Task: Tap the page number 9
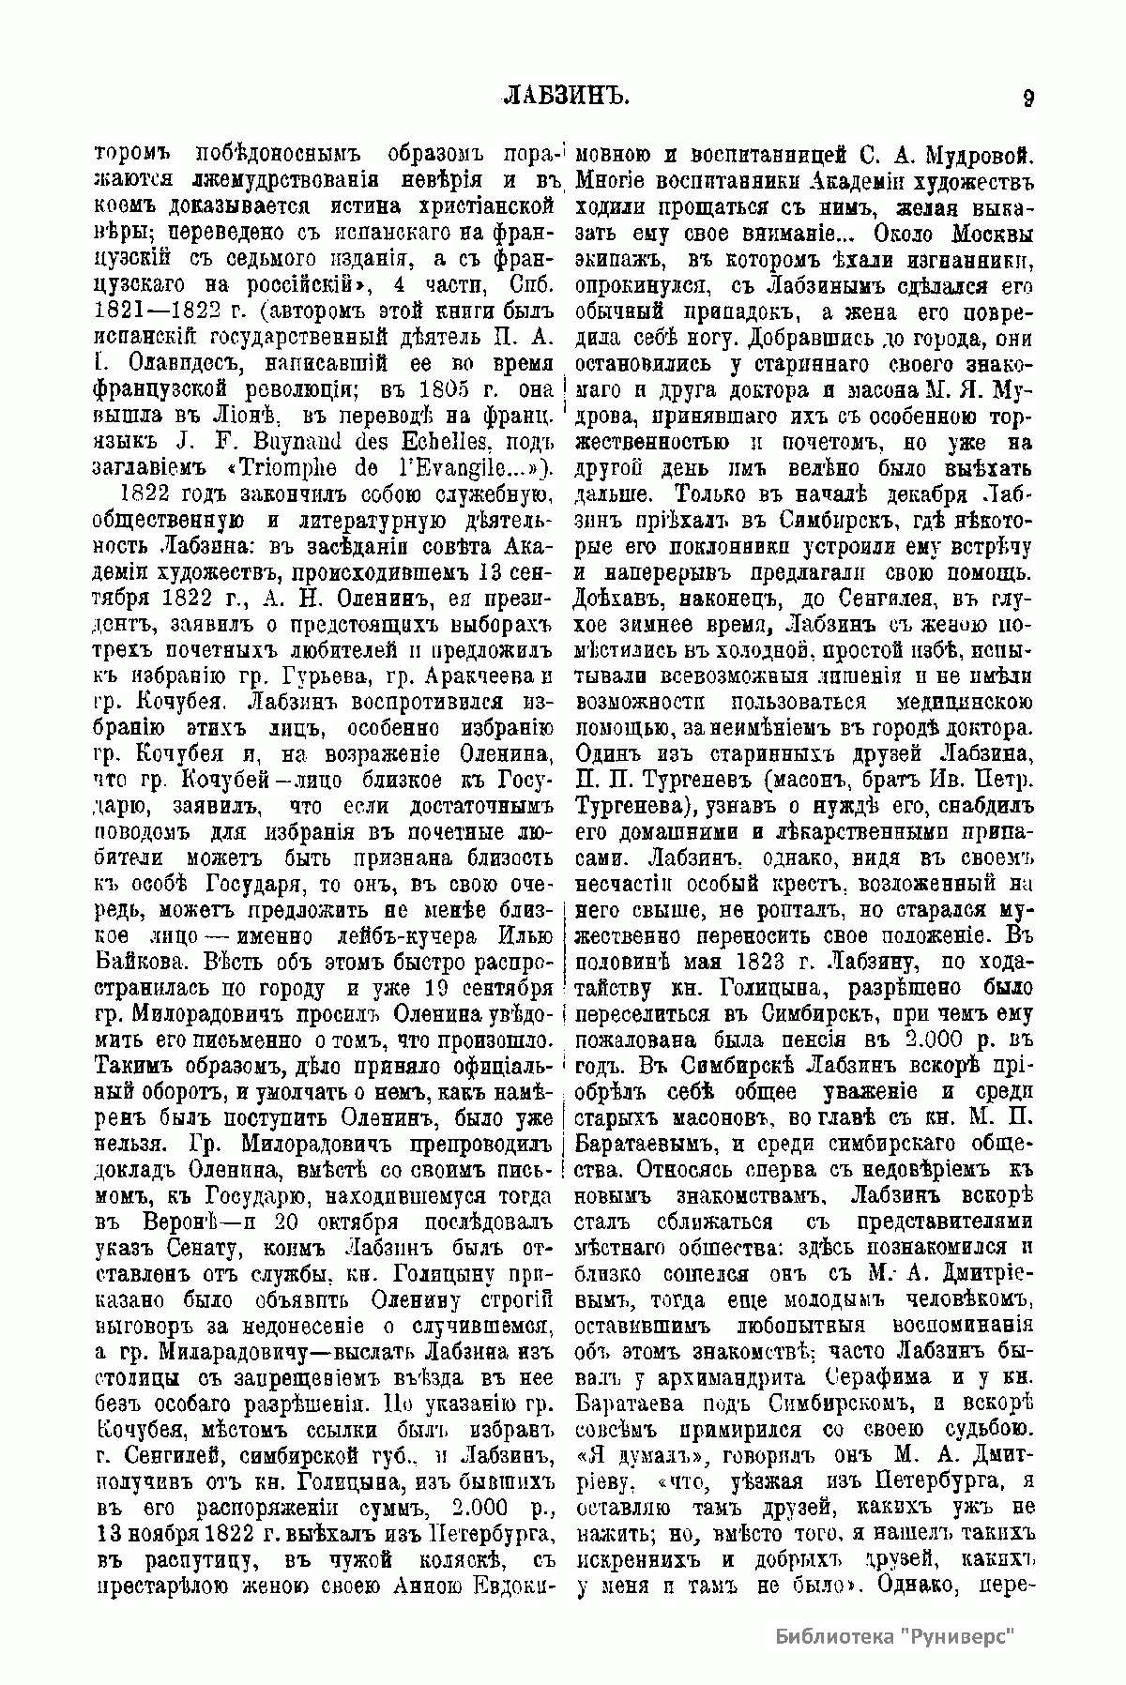pos(1028,98)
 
